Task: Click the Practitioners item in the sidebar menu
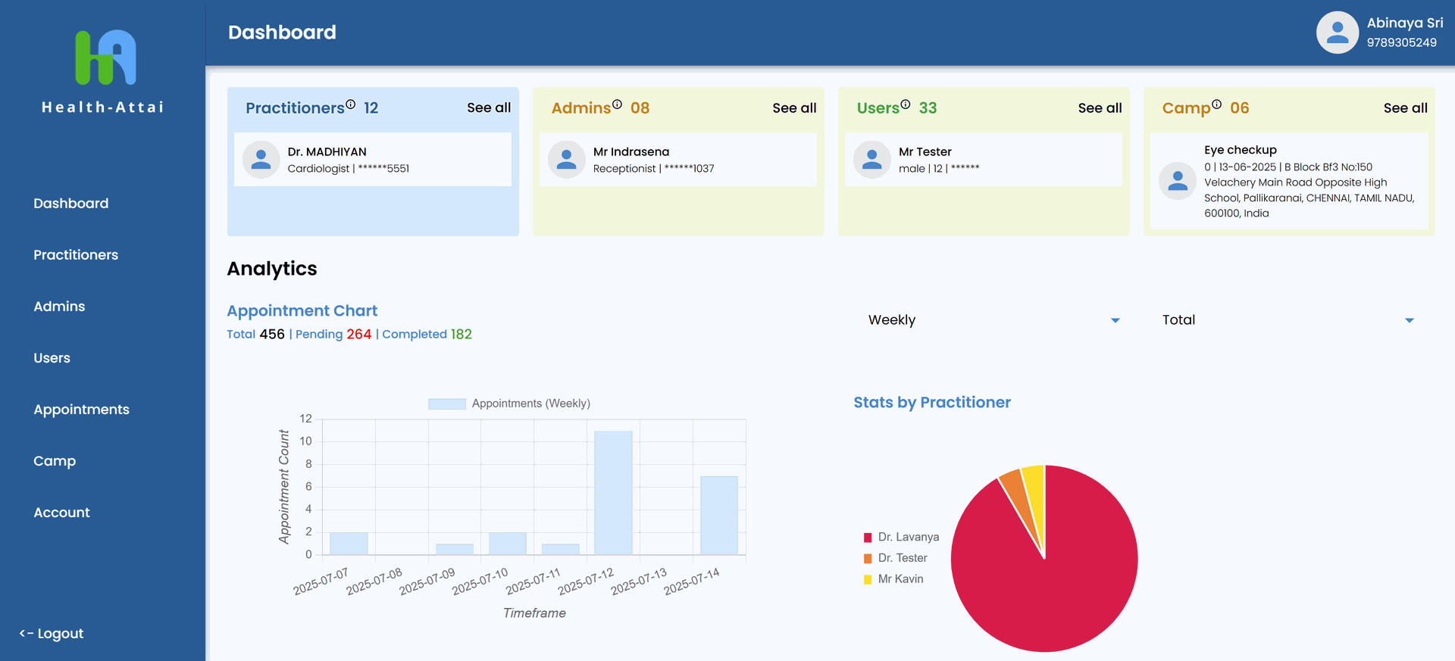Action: pyautogui.click(x=76, y=255)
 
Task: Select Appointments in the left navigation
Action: pyautogui.click(x=81, y=410)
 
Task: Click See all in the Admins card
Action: pyautogui.click(x=794, y=108)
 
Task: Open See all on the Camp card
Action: pyautogui.click(x=1405, y=108)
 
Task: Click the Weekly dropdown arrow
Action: pyautogui.click(x=1115, y=320)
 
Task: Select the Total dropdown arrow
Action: pyautogui.click(x=1409, y=320)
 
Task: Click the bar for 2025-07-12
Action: pyautogui.click(x=613, y=492)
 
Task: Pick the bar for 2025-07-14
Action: pyautogui.click(x=718, y=515)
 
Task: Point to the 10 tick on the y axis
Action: pyautogui.click(x=305, y=441)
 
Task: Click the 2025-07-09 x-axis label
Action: pyautogui.click(x=427, y=581)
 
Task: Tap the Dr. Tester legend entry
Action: pyautogui.click(x=902, y=558)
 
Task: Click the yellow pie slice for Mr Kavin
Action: pyautogui.click(x=1035, y=492)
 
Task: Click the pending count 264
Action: pyautogui.click(x=358, y=335)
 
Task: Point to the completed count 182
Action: pyautogui.click(x=461, y=335)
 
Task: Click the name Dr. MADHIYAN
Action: pyautogui.click(x=327, y=152)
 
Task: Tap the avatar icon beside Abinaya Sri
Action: pyautogui.click(x=1337, y=33)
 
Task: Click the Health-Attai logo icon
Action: pyautogui.click(x=105, y=58)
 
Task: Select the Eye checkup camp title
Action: pyautogui.click(x=1240, y=150)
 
